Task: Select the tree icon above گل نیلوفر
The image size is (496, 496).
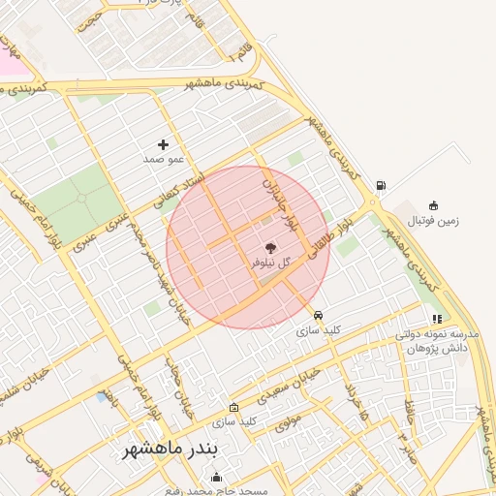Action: point(269,249)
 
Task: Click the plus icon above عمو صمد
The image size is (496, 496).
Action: point(163,144)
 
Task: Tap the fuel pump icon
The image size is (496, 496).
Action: point(381,186)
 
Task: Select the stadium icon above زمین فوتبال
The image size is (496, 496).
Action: point(433,205)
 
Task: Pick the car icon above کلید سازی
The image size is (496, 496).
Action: point(318,315)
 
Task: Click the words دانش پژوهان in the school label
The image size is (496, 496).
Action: point(445,346)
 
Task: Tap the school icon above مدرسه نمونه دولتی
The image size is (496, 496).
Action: point(438,318)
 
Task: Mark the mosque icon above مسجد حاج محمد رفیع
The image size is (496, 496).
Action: point(216,477)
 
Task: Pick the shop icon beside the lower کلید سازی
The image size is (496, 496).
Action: point(233,408)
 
